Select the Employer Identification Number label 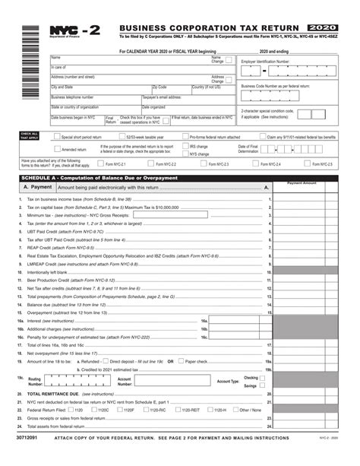tap(265, 61)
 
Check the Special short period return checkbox tap(55, 138)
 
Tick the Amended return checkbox tap(55, 150)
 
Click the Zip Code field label tap(159, 87)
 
